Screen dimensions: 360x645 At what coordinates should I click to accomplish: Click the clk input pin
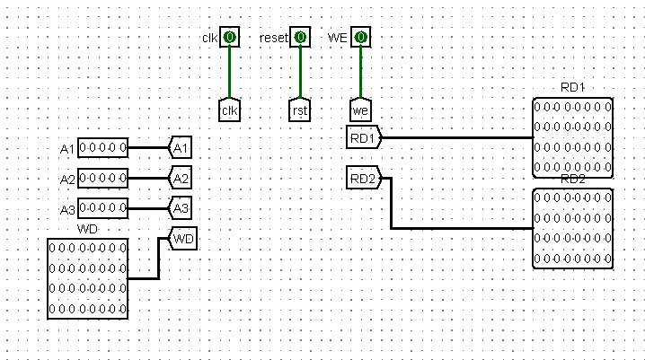point(230,37)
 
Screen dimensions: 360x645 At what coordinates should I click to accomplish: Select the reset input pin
point(300,37)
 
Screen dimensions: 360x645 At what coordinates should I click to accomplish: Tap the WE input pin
point(361,37)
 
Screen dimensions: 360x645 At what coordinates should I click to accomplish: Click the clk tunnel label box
point(230,110)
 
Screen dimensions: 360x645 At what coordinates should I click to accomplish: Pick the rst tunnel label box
point(300,110)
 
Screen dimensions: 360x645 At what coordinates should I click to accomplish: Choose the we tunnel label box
point(361,110)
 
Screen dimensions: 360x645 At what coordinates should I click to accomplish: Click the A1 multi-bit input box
point(102,147)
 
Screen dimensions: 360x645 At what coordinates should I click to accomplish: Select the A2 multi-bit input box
point(102,178)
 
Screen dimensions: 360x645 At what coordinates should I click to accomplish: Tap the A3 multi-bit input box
point(102,208)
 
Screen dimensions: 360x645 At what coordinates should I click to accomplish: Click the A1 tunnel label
point(181,147)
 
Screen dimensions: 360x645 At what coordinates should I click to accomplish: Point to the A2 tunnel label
point(181,178)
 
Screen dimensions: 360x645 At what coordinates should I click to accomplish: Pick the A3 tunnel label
point(181,208)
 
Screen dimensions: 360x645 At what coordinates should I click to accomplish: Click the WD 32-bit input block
point(88,278)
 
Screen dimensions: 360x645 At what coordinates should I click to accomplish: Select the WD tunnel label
point(182,239)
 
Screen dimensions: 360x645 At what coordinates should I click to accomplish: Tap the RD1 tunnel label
point(364,137)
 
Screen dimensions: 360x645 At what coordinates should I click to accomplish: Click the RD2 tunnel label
point(364,178)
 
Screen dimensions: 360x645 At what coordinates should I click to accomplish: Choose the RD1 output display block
point(573,137)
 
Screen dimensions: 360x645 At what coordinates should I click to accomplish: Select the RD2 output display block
point(573,228)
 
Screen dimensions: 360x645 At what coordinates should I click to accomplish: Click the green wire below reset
point(300,72)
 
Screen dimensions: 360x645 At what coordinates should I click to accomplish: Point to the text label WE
point(340,37)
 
